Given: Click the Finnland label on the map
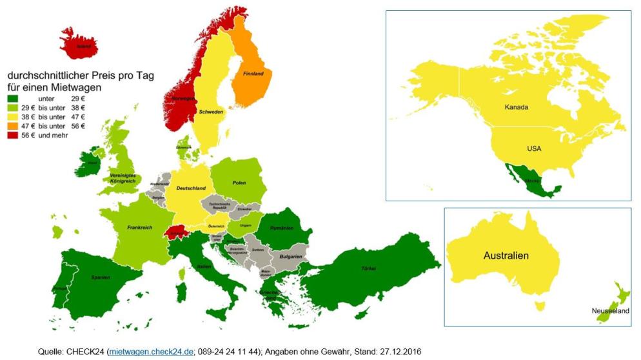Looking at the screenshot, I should pos(253,74).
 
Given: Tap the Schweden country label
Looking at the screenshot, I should pos(211,112).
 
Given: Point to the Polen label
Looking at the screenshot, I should pos(239,183).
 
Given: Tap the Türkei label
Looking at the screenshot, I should pos(369,268).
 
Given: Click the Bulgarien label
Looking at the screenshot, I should pos(290,256).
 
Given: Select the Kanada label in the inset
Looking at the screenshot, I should pos(516,106).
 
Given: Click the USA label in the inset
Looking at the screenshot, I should pos(534,148).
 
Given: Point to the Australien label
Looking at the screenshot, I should pos(506,256).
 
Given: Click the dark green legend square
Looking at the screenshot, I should pos(12,97).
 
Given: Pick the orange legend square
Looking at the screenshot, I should pos(12,125).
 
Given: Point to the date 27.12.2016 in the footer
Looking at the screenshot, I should pos(399,350).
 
